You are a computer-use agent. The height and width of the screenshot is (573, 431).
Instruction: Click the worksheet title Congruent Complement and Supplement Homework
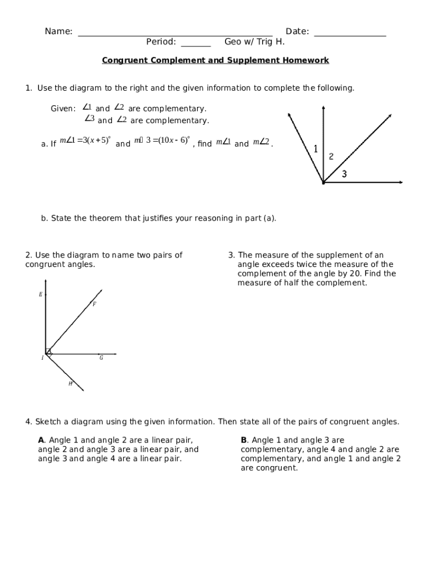coord(215,60)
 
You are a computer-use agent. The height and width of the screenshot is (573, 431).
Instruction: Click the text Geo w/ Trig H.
coord(255,42)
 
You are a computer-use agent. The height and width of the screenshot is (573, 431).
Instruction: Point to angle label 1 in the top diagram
coord(316,149)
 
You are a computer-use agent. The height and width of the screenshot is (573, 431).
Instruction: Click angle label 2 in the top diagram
coord(331,157)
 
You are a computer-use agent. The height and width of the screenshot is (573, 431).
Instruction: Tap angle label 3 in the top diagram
coord(344,175)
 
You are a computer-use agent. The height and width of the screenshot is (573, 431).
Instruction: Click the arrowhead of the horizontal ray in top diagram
coord(400,182)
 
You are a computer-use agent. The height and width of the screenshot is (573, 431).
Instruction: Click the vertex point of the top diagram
coord(324,182)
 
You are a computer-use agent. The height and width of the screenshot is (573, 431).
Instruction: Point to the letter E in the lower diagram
coord(40,294)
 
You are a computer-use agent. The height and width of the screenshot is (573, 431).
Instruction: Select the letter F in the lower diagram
coord(94,304)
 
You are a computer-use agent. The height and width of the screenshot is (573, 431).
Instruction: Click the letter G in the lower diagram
coord(101,358)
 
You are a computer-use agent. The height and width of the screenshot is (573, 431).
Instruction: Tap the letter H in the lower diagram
coord(71,384)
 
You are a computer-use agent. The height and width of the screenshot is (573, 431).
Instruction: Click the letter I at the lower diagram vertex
coord(42,358)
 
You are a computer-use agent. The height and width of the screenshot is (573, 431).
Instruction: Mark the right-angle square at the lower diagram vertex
coord(49,352)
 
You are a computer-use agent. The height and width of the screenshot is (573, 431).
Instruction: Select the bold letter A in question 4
coord(41,440)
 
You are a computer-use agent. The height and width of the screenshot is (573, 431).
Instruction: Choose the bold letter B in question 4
coord(243,440)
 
